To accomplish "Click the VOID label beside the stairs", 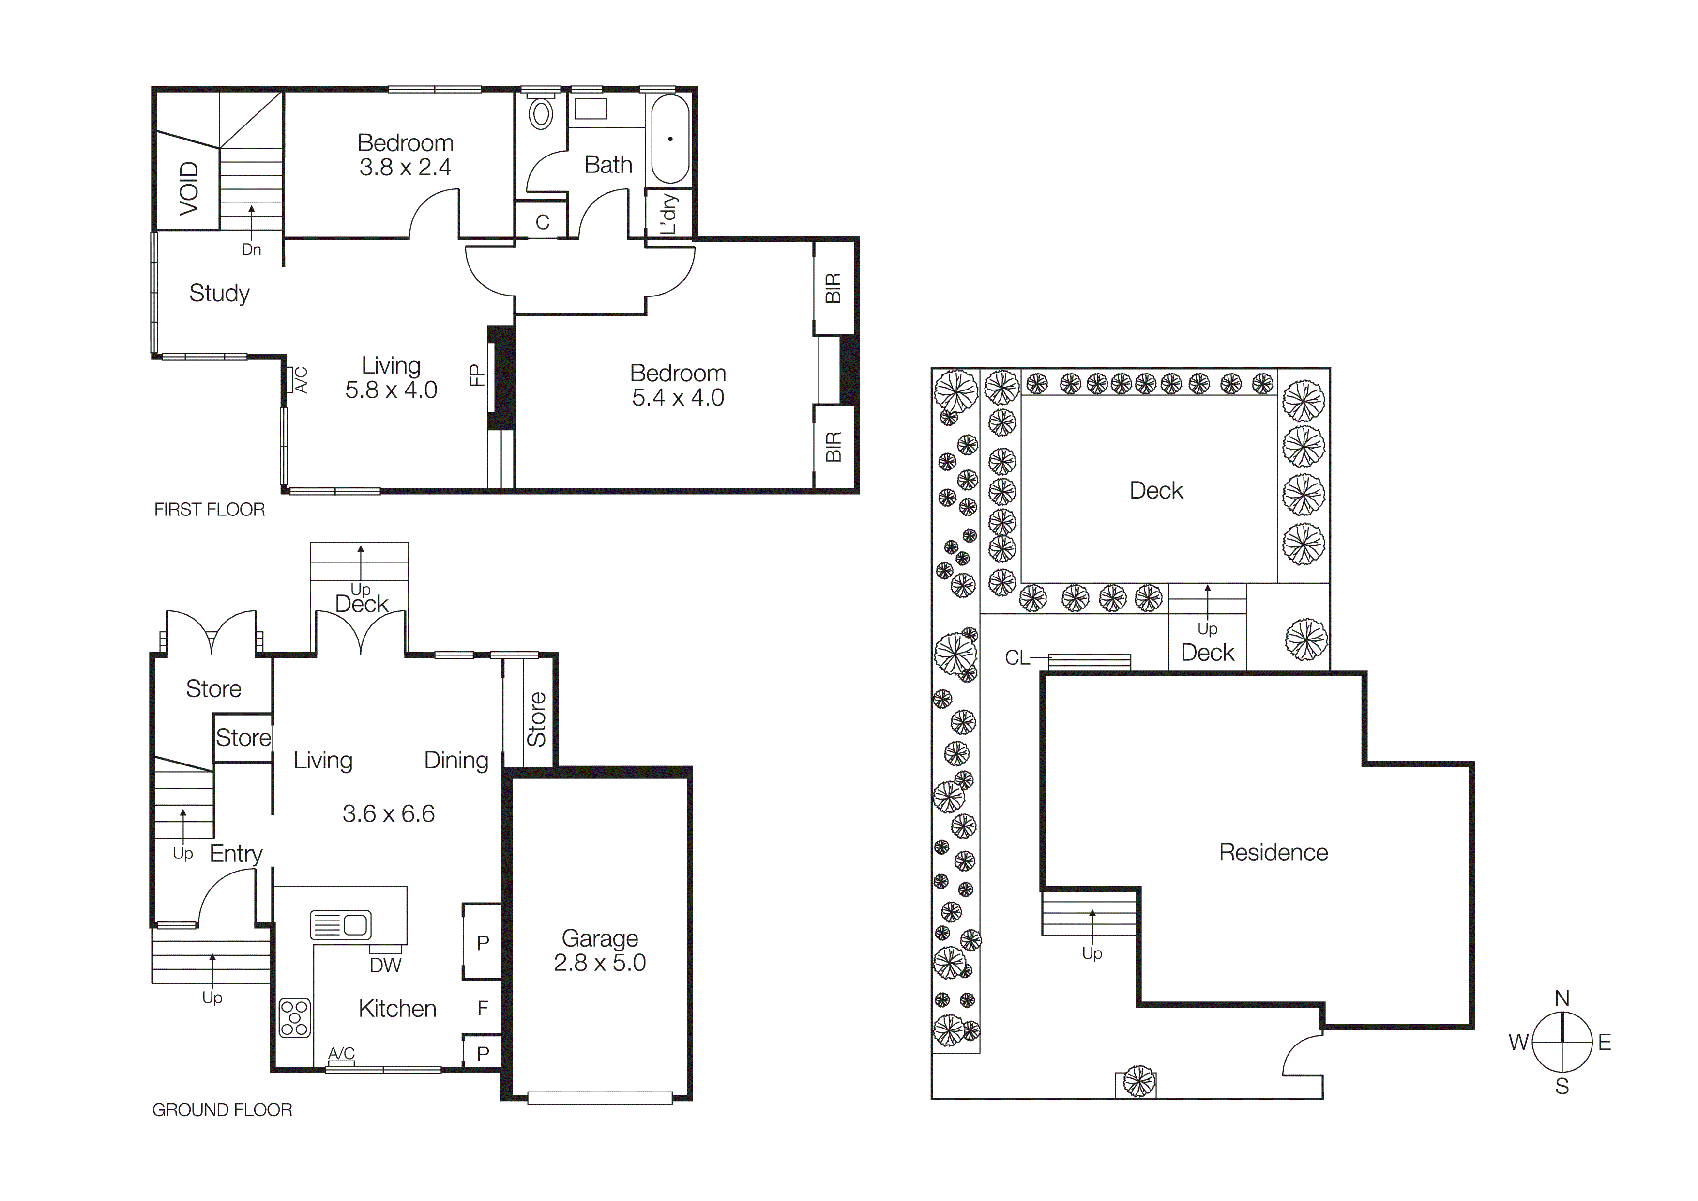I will click(189, 188).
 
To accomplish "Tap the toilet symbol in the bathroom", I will click(541, 114).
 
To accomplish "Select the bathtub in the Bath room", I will click(670, 139).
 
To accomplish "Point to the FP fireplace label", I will click(477, 375).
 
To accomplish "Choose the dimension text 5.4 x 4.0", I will click(678, 397).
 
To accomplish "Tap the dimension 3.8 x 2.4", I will click(405, 167).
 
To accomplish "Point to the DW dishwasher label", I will click(385, 965).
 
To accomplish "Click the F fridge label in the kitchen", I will click(483, 1008).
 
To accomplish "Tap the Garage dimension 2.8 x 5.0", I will click(600, 963).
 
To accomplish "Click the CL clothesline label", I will click(1017, 658).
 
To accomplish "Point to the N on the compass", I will click(1562, 998).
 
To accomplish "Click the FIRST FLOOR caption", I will click(209, 509).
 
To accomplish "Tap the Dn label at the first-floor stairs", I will click(251, 250).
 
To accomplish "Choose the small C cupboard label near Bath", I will click(542, 222).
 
